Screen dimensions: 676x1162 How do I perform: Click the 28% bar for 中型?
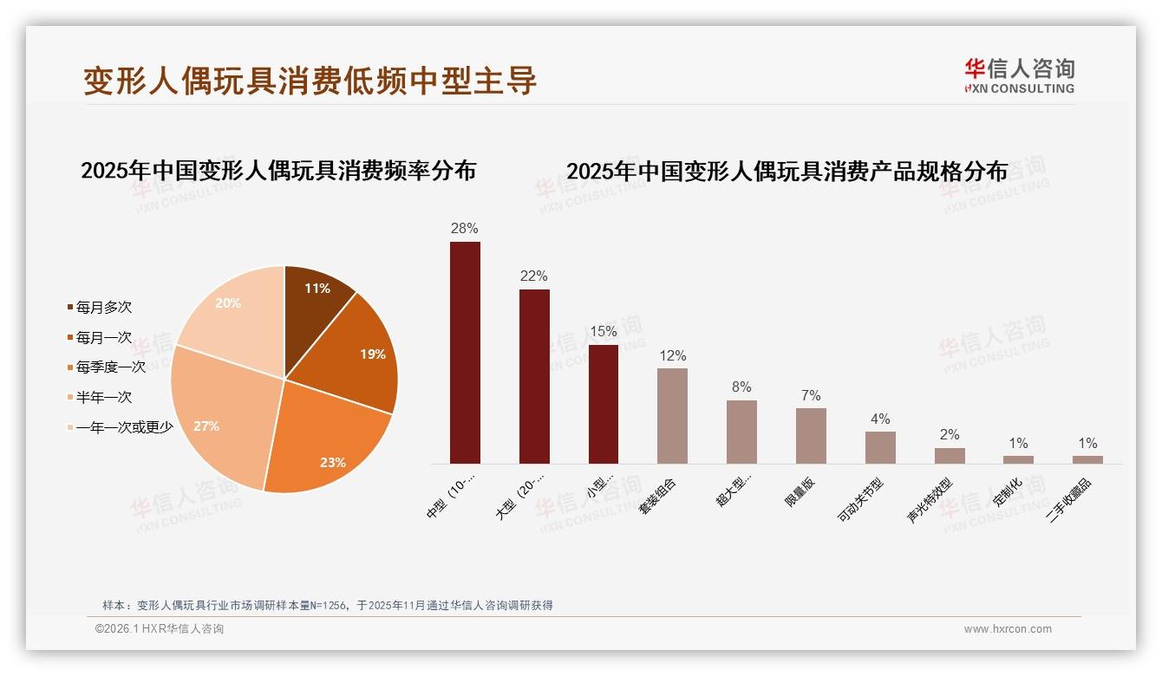pos(465,353)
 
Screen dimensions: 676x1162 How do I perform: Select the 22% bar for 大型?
pos(534,376)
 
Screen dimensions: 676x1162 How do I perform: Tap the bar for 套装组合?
pos(672,416)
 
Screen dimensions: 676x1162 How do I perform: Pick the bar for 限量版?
pos(811,436)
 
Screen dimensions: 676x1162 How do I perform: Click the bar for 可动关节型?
pos(880,447)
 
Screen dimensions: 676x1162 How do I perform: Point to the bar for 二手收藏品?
pos(1087,459)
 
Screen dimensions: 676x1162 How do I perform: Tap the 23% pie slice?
pos(325,442)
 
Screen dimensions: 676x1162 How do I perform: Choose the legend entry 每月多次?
pos(103,308)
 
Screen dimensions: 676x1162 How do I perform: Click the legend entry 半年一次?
pos(103,397)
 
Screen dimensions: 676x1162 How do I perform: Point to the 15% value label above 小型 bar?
pos(603,331)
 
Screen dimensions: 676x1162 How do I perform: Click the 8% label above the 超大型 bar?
pos(741,387)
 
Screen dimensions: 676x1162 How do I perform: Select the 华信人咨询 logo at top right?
pos(1019,76)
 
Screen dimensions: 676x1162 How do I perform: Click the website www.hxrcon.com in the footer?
pos(1008,629)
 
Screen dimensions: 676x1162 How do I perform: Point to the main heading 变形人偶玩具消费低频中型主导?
pos(310,81)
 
